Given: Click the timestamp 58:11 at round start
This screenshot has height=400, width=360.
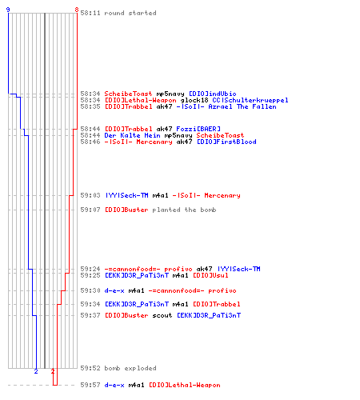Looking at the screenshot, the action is (x=90, y=13).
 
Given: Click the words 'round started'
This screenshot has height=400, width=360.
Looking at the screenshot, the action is (x=130, y=13).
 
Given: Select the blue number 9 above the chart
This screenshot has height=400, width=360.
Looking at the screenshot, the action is (x=8, y=10).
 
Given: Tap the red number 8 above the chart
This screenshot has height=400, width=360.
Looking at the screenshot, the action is (x=77, y=10).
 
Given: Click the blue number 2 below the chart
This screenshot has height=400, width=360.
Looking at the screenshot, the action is (x=36, y=371).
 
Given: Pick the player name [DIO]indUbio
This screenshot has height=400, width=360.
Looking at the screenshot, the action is (x=213, y=94).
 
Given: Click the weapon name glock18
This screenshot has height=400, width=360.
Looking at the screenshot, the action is (x=194, y=100).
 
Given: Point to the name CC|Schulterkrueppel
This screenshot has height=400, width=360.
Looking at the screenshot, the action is (x=250, y=100).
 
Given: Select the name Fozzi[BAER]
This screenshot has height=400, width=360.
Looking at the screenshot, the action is (x=198, y=129).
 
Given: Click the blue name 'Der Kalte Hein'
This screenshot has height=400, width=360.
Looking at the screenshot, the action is (x=132, y=135).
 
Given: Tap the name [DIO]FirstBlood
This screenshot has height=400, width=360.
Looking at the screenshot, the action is (x=226, y=142).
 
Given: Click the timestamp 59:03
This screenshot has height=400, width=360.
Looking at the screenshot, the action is (x=90, y=195).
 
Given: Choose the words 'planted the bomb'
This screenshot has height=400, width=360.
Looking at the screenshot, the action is (x=184, y=210).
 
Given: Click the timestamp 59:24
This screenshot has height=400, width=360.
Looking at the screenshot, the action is (x=90, y=269).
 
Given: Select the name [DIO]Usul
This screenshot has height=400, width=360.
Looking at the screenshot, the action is (x=210, y=275).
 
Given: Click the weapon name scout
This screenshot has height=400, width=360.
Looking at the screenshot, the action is (x=162, y=315).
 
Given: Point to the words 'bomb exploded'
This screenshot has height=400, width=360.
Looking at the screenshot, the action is (x=130, y=368).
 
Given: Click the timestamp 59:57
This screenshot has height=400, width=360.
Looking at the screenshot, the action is (x=90, y=385).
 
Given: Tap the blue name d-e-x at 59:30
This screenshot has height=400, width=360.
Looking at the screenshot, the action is (x=114, y=290).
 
